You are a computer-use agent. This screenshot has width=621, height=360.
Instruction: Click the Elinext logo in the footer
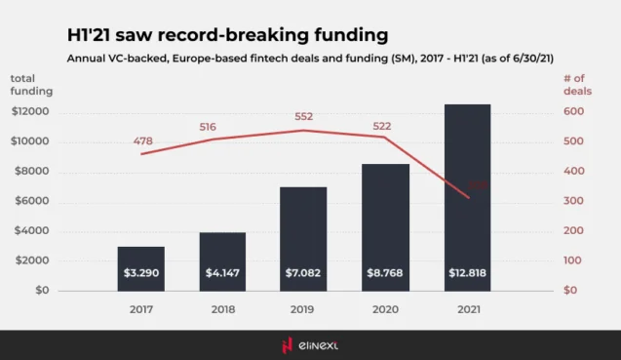pos(310,344)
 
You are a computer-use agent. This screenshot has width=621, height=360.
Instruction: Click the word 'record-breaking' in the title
pos(238,35)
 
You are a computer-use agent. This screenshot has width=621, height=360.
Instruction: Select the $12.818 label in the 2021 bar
pos(467,273)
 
